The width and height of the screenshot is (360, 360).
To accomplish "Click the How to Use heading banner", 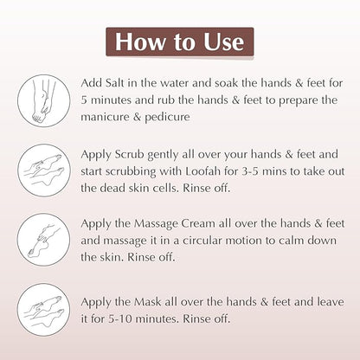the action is click(x=180, y=42).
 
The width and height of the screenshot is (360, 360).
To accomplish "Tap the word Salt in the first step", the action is click(x=115, y=83).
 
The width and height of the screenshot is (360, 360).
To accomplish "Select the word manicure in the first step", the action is click(x=102, y=117).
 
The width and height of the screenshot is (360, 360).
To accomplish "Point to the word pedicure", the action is click(x=167, y=117).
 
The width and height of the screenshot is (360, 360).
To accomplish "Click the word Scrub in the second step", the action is click(x=129, y=154).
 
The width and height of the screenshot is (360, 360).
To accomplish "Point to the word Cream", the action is click(x=198, y=223).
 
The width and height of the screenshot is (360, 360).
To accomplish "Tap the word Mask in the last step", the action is click(x=148, y=302).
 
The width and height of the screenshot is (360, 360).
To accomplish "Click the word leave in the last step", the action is click(x=331, y=302).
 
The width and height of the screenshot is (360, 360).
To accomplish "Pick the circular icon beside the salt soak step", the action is click(x=18, y=100).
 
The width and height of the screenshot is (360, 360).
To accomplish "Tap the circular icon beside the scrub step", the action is click(x=18, y=170).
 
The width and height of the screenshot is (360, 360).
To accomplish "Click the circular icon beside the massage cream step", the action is click(x=18, y=240).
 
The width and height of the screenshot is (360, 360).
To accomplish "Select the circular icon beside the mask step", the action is click(x=18, y=310).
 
